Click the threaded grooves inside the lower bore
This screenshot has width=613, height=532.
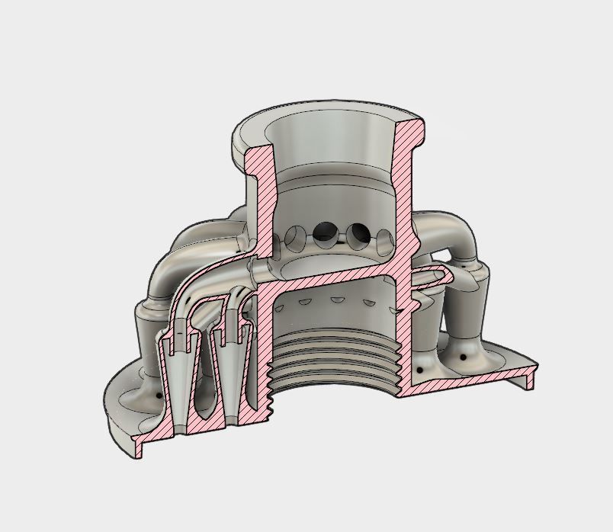pyautogui.click(x=335, y=358)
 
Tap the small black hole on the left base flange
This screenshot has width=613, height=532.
pyautogui.click(x=158, y=396)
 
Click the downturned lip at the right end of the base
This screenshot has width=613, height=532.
pyautogui.click(x=531, y=377)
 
